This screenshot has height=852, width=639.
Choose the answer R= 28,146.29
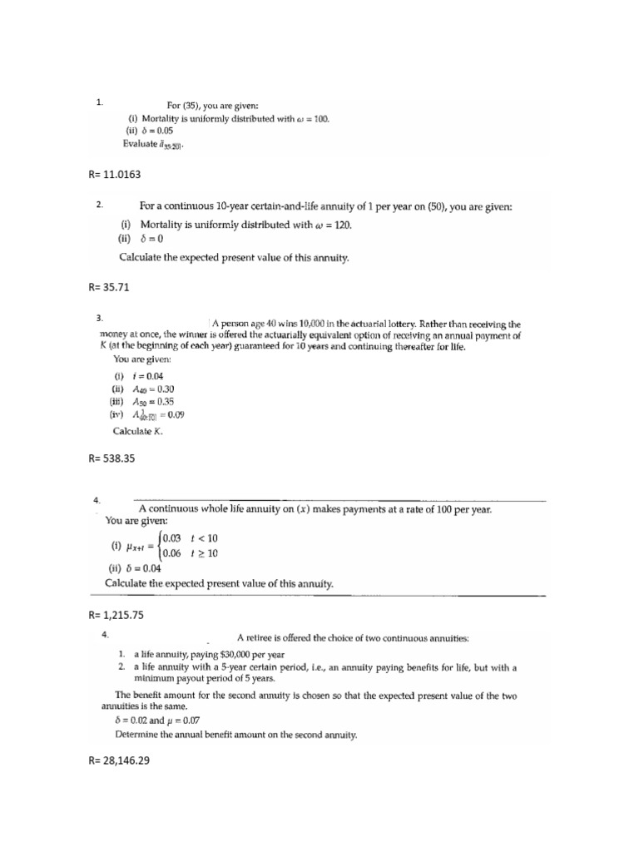122,760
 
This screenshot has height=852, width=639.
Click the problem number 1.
99,103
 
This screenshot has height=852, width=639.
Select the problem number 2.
99,205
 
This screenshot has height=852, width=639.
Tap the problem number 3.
99,317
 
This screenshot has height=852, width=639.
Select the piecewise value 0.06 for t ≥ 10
173,552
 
